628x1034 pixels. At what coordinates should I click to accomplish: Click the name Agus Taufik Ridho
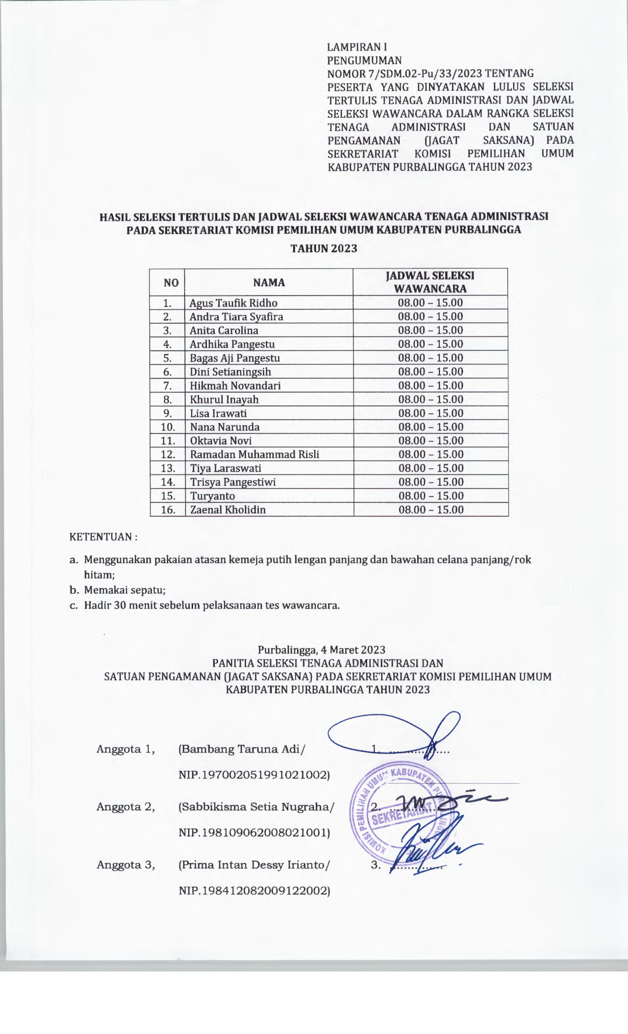[x=233, y=303]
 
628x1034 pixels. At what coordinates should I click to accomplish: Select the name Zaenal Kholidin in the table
[x=228, y=509]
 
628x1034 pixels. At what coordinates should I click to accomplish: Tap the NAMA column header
[x=269, y=282]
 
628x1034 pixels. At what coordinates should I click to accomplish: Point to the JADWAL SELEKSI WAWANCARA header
[x=430, y=282]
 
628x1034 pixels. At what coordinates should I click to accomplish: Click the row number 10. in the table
[x=168, y=427]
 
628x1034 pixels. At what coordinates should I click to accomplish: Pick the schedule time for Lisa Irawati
[x=430, y=413]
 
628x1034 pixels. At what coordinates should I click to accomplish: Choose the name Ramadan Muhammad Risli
[x=255, y=454]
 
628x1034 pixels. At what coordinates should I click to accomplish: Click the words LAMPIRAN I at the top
[x=357, y=47]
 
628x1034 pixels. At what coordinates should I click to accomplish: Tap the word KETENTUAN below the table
[x=100, y=536]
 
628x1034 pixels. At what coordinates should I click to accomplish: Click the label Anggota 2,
[x=126, y=807]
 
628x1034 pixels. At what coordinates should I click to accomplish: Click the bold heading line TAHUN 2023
[x=324, y=248]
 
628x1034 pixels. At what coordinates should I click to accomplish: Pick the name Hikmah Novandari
[x=235, y=386]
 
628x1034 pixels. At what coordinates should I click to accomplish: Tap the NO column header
[x=171, y=282]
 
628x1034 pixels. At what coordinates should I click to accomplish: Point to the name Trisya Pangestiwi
[x=233, y=482]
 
